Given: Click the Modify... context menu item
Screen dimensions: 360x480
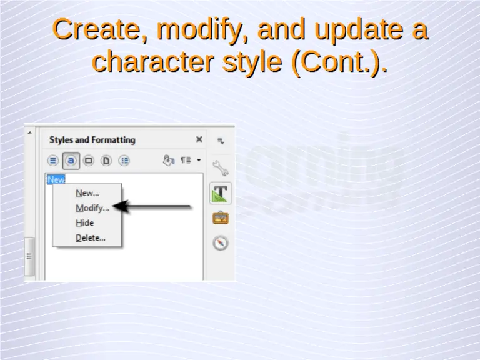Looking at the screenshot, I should point(92,208).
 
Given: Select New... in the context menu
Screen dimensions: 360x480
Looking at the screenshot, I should point(87,193).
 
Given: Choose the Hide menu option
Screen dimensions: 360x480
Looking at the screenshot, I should point(85,223).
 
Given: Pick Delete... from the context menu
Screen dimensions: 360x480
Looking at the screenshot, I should point(91,238).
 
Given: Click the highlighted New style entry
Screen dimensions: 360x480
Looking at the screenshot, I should point(56,179).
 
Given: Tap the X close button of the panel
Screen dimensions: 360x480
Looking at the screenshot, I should point(199,139).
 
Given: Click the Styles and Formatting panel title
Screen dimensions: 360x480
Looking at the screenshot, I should point(92,140).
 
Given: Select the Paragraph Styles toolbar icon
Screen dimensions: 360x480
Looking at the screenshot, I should point(53,161).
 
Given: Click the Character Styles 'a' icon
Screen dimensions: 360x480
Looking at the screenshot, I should point(71,161).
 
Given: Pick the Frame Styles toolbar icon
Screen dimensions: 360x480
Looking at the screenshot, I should point(89,161).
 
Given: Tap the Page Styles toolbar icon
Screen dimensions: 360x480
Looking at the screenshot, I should point(106,161).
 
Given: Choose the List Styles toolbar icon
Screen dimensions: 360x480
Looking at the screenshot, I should point(124,161).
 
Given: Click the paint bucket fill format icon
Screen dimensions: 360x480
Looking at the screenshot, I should point(167,160).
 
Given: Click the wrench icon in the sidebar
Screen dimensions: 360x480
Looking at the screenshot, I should point(221,167).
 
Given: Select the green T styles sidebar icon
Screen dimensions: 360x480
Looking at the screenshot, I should point(221,193).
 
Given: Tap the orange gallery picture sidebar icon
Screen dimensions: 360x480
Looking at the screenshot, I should point(221,218).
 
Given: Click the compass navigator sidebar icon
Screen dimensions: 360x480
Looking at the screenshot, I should point(221,243).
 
